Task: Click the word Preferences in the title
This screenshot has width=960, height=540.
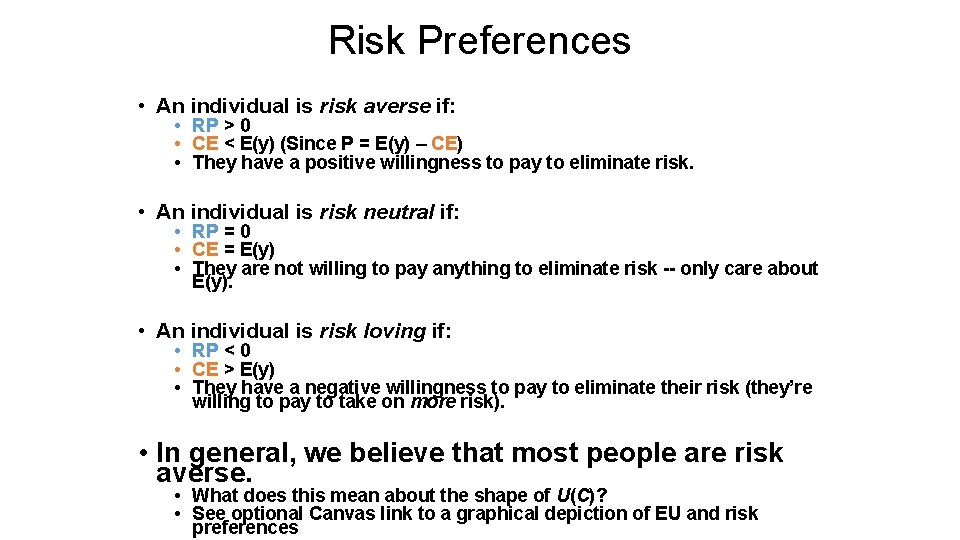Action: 525,41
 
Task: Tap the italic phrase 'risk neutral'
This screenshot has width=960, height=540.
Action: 376,212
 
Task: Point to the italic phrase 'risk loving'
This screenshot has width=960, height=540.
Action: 372,331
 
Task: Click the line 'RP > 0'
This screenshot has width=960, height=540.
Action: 221,126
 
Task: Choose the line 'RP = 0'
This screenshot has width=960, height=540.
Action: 221,232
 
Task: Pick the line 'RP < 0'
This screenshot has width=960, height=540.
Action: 221,351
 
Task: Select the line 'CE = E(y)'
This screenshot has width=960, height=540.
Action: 233,250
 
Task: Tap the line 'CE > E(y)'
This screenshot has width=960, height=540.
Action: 233,369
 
